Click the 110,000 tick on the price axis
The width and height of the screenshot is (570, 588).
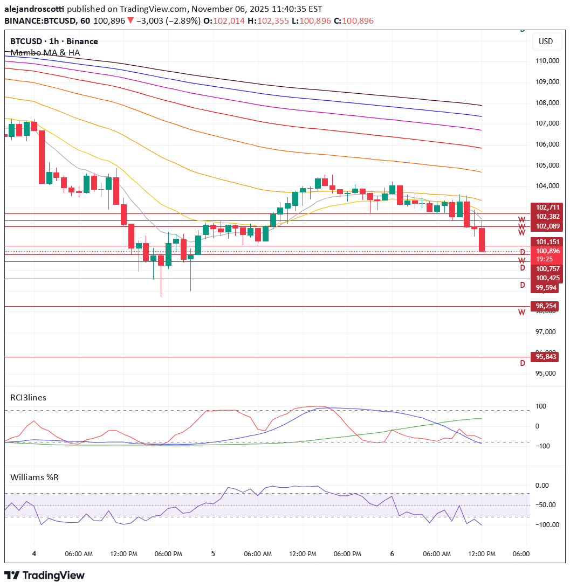click(x=547, y=61)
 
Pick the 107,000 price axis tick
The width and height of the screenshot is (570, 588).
click(x=547, y=123)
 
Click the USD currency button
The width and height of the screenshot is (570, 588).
click(x=546, y=41)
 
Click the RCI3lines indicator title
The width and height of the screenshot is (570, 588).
click(x=29, y=397)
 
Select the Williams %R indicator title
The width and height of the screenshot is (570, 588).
click(x=34, y=477)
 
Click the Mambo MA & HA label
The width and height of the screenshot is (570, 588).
click(x=45, y=52)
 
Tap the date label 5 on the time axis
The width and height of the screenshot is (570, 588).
click(x=213, y=554)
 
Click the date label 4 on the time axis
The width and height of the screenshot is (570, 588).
click(x=34, y=554)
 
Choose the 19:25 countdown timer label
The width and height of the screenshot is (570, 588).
click(x=544, y=259)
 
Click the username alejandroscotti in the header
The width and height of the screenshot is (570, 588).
click(x=35, y=9)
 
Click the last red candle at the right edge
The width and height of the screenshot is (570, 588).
click(x=482, y=239)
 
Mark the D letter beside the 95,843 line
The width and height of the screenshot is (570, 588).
click(x=522, y=363)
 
